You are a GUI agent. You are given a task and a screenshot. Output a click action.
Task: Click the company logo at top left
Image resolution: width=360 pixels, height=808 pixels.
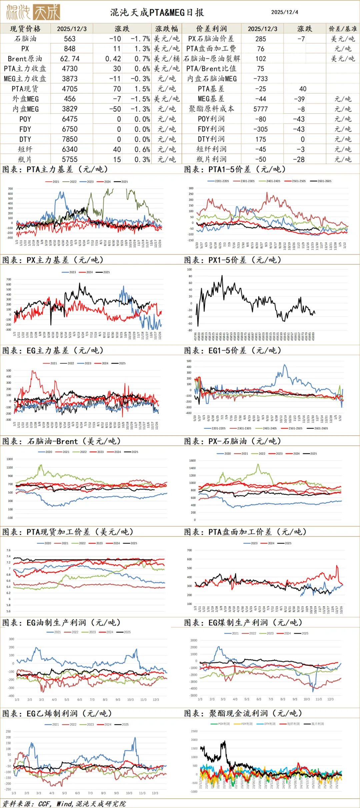coord(33,12)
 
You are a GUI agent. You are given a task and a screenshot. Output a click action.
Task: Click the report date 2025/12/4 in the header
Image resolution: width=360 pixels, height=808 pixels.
coord(284,12)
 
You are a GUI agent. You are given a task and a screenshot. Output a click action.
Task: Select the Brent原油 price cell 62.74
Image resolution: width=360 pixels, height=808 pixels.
coord(70,59)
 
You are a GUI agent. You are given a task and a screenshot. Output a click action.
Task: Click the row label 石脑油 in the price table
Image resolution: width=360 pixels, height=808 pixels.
coord(25,39)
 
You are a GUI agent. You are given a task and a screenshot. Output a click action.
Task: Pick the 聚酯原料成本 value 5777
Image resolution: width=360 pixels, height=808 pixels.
coord(260,109)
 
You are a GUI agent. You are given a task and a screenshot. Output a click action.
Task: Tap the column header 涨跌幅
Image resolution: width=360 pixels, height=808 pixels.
coord(166,29)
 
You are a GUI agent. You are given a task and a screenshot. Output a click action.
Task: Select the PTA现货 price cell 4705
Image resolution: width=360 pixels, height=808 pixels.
coord(70,89)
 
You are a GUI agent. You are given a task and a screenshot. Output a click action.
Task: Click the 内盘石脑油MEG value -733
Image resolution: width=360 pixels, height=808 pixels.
coord(260,79)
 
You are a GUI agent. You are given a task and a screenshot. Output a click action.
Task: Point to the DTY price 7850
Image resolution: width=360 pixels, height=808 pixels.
coord(70,139)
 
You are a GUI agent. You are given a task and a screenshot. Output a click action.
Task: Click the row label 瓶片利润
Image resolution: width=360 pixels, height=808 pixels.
coord(211,159)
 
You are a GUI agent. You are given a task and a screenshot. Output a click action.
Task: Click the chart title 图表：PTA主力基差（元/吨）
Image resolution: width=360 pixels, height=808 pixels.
coord(55,169)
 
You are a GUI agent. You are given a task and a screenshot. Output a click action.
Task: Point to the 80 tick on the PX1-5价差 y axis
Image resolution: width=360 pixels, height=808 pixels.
coord(190,276)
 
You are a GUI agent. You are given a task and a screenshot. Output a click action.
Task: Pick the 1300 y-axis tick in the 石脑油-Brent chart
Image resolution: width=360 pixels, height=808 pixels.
coord(10,459)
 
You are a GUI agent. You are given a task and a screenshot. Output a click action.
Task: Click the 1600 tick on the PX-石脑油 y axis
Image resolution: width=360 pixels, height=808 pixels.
coord(192,461)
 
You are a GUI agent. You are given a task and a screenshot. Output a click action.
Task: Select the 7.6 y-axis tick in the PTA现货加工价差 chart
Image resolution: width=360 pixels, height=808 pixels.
coord(9,550)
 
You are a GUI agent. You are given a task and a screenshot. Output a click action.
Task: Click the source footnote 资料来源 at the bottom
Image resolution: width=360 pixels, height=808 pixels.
coord(63,804)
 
